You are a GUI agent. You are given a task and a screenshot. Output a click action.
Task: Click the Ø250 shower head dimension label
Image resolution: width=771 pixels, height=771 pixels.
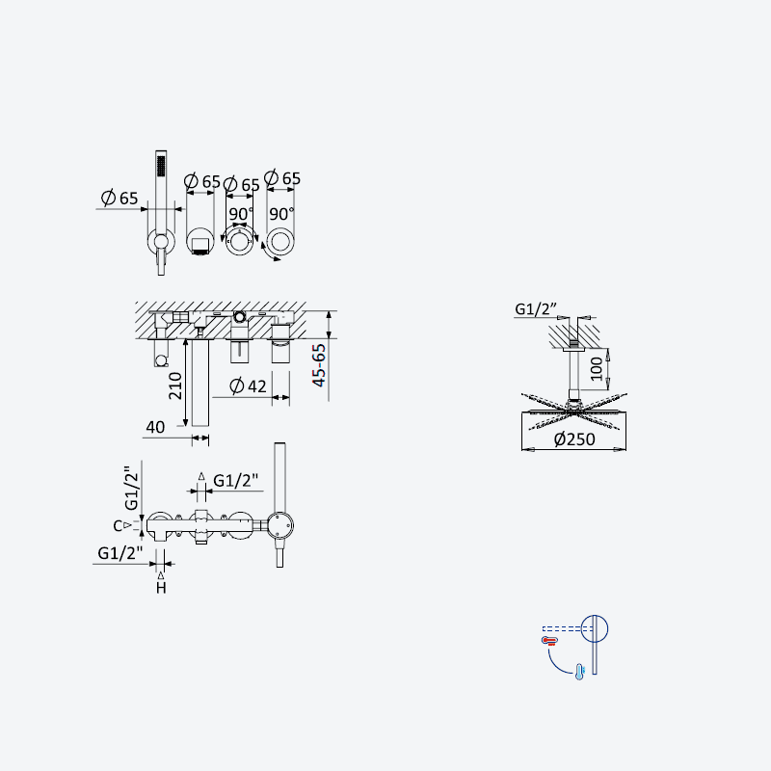click(574, 439)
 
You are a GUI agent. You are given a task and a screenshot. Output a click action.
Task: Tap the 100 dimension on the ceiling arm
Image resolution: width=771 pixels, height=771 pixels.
click(596, 369)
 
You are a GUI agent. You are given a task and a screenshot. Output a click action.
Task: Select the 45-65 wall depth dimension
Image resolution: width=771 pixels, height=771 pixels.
click(319, 365)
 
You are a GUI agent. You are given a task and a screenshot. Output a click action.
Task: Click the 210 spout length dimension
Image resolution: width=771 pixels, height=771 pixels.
click(175, 385)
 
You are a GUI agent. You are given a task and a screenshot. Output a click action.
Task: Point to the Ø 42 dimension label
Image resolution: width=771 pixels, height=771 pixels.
click(249, 386)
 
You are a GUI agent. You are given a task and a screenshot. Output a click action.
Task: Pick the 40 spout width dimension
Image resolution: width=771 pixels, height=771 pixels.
click(155, 427)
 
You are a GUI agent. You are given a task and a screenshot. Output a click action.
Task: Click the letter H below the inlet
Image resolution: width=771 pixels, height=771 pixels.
click(161, 588)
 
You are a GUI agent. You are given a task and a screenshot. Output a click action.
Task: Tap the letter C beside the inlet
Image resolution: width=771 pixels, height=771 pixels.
click(118, 526)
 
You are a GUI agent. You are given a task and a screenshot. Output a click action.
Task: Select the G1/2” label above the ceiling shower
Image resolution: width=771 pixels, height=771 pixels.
click(536, 308)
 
